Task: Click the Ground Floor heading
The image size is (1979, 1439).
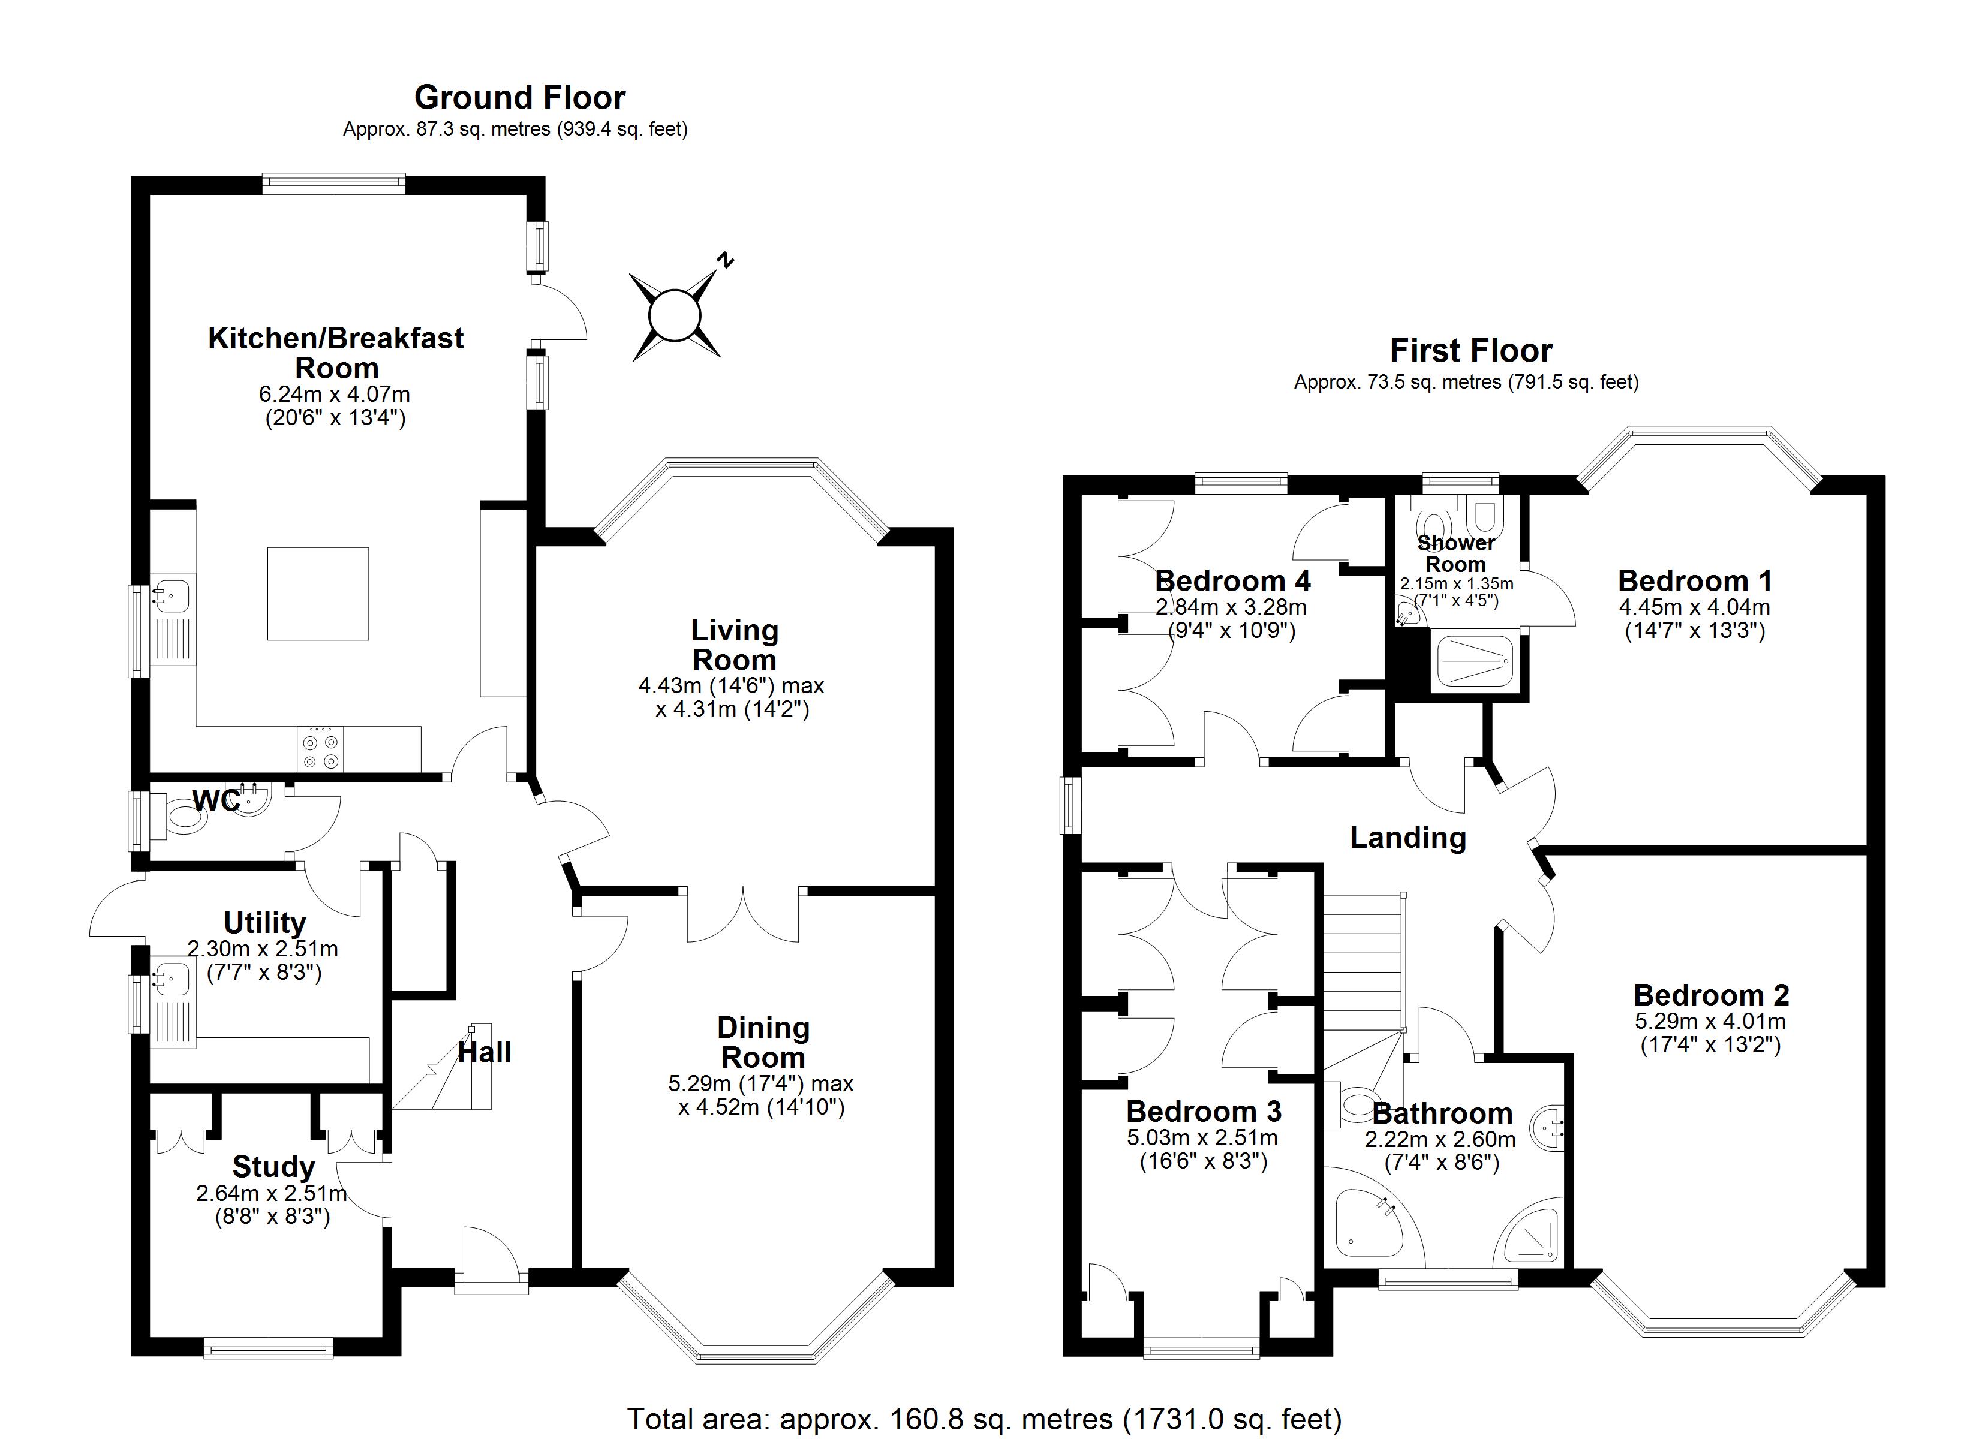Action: click(519, 97)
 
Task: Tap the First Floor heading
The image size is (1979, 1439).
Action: click(1470, 351)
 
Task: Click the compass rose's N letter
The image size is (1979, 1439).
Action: click(724, 259)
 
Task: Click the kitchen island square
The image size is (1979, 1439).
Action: click(318, 594)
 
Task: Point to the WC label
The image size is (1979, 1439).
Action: click(215, 800)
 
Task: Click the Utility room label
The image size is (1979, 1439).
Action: click(264, 922)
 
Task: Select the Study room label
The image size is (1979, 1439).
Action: click(273, 1167)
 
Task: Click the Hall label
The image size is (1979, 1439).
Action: click(485, 1052)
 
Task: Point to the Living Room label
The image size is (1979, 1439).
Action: click(734, 645)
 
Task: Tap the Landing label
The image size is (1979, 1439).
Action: click(1407, 838)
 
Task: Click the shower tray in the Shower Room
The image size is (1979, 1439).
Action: click(1475, 661)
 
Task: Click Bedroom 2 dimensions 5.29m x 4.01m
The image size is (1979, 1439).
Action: click(1709, 1021)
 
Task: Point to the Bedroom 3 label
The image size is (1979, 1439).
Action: click(1203, 1112)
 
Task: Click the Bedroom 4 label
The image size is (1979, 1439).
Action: click(1232, 581)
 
